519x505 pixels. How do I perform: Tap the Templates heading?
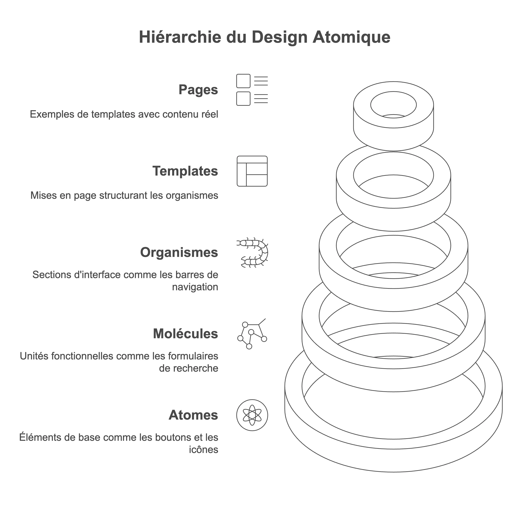pos(185,171)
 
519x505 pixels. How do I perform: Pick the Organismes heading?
pos(179,252)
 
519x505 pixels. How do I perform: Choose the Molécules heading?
pos(186,334)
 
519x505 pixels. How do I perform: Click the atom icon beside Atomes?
pos(252,415)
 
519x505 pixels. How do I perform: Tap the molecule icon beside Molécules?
pos(252,334)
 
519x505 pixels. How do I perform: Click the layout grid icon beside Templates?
pos(252,171)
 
